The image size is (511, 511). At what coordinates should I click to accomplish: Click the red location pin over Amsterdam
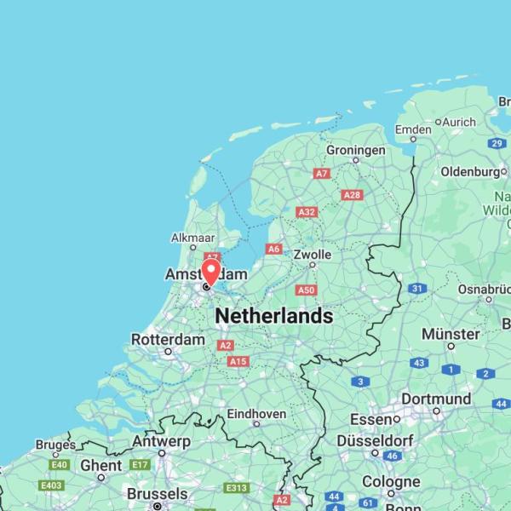210,271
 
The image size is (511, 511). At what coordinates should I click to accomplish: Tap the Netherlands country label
273,316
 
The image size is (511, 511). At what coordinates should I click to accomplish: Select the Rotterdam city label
168,340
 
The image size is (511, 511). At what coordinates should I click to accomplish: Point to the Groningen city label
356,150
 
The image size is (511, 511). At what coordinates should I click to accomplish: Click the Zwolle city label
312,254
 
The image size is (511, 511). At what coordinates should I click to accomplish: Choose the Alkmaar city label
193,238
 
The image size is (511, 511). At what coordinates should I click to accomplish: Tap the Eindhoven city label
256,414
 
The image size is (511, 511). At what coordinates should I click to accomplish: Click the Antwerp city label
161,441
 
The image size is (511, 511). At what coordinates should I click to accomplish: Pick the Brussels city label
157,494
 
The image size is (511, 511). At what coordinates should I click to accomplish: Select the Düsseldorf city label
375,440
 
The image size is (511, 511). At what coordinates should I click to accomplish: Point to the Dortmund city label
436,399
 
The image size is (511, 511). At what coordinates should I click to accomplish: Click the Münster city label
451,334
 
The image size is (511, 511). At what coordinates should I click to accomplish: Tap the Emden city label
413,129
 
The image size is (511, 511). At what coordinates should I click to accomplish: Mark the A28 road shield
351,195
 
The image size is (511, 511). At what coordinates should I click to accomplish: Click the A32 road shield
307,212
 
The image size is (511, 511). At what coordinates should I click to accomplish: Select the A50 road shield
307,290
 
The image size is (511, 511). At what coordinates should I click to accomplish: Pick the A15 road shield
238,362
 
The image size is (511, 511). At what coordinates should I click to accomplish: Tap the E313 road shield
237,488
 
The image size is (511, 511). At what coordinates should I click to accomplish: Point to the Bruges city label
55,445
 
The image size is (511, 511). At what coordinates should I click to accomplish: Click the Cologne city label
391,481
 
